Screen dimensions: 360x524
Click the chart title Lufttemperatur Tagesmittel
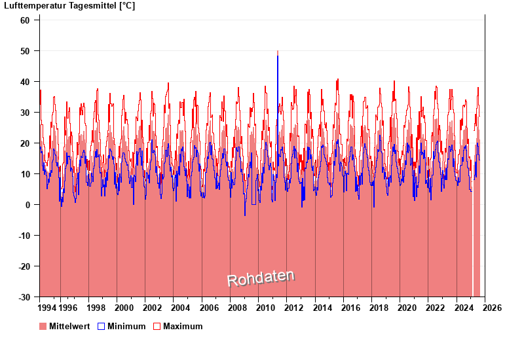tap(69, 6)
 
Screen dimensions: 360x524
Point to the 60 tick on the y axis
tap(25, 20)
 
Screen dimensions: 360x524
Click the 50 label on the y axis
tap(25, 51)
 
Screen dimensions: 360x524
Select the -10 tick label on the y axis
tap(23, 236)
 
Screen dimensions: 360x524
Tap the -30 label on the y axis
tap(23, 297)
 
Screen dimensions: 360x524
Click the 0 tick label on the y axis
tap(28, 205)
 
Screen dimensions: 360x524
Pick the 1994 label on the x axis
tap(47, 308)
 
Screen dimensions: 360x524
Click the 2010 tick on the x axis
tap(265, 308)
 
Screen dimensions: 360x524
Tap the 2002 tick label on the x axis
tap(152, 308)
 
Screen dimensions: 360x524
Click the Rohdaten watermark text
tap(261, 278)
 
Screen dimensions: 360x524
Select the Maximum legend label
tap(183, 326)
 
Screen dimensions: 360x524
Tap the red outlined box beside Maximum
tap(157, 326)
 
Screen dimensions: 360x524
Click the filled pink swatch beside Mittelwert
tap(43, 326)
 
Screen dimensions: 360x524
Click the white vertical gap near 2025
tap(473, 249)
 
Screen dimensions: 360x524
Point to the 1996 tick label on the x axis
tap(68, 308)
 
